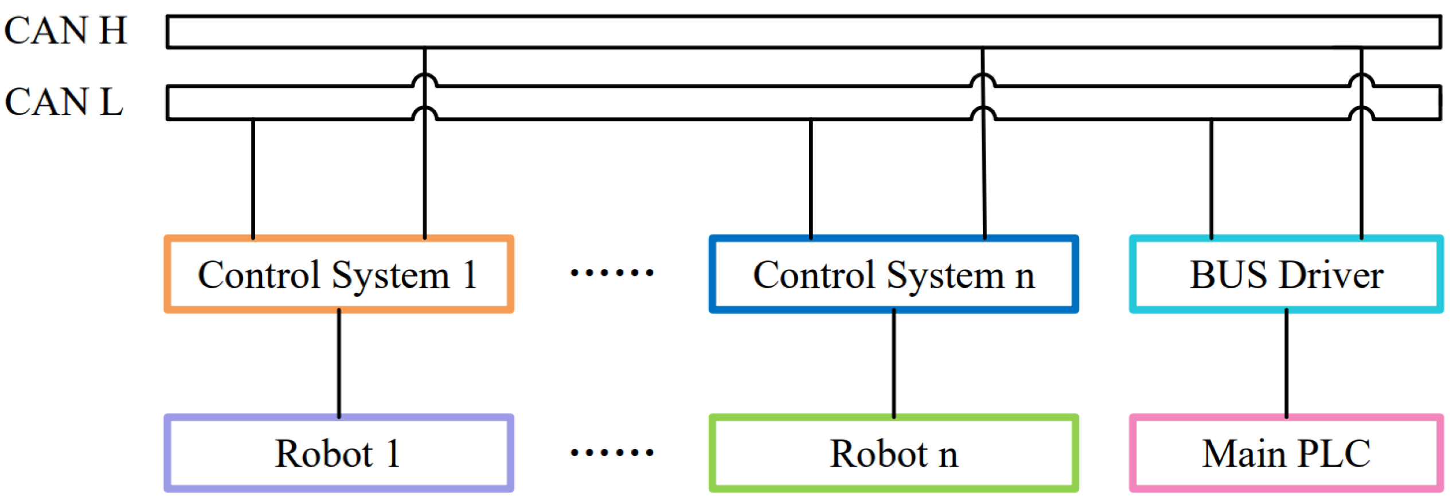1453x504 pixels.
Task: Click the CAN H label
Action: click(x=65, y=30)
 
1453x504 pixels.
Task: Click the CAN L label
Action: click(x=64, y=102)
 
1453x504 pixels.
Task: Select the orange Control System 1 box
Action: click(x=338, y=275)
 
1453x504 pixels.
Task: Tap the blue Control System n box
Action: click(x=893, y=275)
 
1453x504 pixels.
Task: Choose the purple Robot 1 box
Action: click(x=338, y=454)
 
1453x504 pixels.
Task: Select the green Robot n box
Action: click(x=893, y=454)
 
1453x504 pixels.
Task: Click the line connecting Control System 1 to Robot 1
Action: click(x=339, y=364)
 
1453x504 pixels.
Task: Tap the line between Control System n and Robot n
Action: click(x=893, y=364)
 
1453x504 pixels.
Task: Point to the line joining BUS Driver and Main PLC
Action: click(x=1286, y=364)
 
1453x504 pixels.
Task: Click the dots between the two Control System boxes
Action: click(x=612, y=273)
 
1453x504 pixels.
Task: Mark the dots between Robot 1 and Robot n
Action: click(x=612, y=452)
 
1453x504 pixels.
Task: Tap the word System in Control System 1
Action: click(x=390, y=276)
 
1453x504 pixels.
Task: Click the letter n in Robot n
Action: click(x=948, y=456)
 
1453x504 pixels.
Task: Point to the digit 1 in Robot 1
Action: click(x=393, y=454)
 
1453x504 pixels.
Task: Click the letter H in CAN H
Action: click(x=112, y=30)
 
